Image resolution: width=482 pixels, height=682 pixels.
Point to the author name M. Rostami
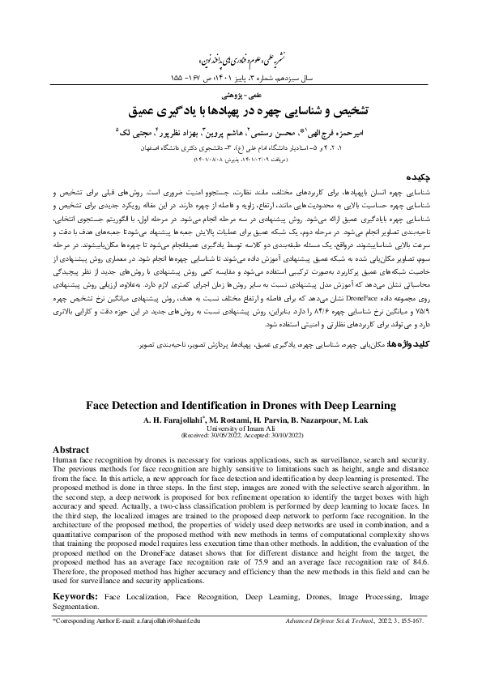tap(232, 420)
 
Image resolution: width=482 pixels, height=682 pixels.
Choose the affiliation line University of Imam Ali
tap(241, 428)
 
